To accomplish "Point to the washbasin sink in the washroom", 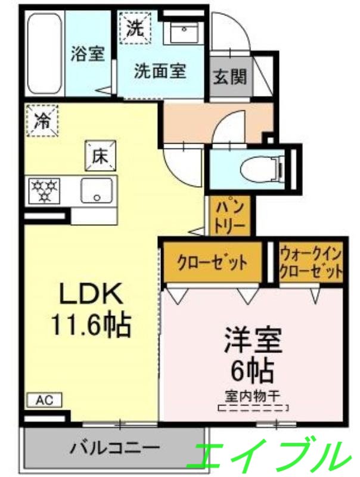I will point(185,31).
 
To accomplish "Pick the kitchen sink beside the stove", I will point(96,191).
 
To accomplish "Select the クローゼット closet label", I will point(212,263).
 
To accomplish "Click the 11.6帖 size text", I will point(90,325).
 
